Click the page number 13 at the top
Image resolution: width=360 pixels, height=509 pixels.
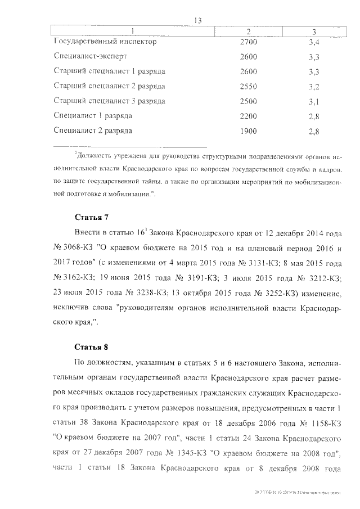[197, 20]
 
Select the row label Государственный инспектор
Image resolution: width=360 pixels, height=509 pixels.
[105, 42]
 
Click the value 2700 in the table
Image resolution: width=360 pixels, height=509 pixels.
[248, 42]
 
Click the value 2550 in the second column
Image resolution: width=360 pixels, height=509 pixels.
[248, 87]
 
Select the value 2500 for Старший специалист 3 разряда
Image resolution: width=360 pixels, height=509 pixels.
[248, 101]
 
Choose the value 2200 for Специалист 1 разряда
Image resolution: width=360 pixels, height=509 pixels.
[248, 116]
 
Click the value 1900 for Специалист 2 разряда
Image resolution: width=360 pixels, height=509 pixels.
[248, 131]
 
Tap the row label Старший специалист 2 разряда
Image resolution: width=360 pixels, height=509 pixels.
[109, 86]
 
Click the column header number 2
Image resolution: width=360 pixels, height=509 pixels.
[248, 30]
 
